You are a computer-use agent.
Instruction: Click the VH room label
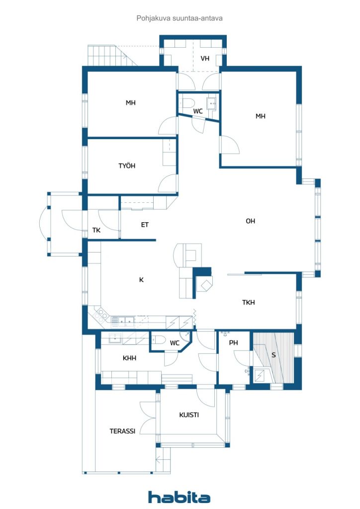pyautogui.click(x=205, y=59)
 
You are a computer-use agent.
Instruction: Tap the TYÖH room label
pyautogui.click(x=127, y=166)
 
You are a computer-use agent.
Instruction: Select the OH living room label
pyautogui.click(x=250, y=221)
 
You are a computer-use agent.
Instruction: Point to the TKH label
pyautogui.click(x=248, y=303)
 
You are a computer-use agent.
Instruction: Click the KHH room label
pyautogui.click(x=129, y=358)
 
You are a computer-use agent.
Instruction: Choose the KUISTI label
pyautogui.click(x=189, y=415)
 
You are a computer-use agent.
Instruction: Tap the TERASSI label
pyautogui.click(x=122, y=431)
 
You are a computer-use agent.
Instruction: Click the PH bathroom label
pyautogui.click(x=233, y=343)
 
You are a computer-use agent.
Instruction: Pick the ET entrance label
pyautogui.click(x=145, y=225)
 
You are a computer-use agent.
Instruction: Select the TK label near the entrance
pyautogui.click(x=96, y=230)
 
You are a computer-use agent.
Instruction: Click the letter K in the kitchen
pyautogui.click(x=142, y=280)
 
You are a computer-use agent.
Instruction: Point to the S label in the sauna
pyautogui.click(x=273, y=355)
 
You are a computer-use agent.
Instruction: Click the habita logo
pyautogui.click(x=179, y=497)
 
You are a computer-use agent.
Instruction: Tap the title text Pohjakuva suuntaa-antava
pyautogui.click(x=180, y=18)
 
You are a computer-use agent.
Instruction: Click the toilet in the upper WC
pyautogui.click(x=186, y=103)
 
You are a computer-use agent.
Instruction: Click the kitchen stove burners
pyautogui.click(x=101, y=315)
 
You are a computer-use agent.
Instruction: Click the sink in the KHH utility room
pyautogui.click(x=115, y=338)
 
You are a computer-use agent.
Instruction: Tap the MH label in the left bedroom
pyautogui.click(x=130, y=103)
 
